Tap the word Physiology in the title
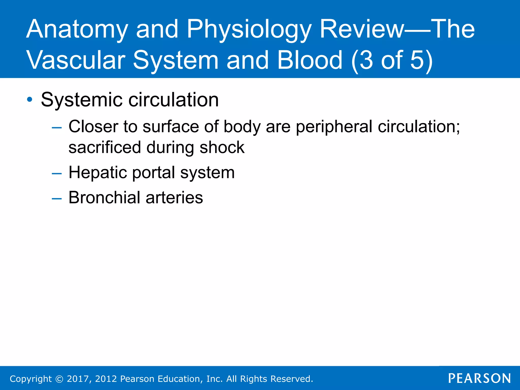click(x=249, y=30)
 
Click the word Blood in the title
click(x=310, y=60)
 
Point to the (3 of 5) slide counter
click(x=392, y=60)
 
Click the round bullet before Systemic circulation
click(x=30, y=100)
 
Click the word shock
click(x=222, y=148)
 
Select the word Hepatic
click(x=97, y=173)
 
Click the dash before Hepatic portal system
click(x=56, y=173)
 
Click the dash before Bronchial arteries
click(x=56, y=198)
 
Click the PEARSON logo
click(x=479, y=378)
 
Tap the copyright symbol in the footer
click(x=59, y=379)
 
